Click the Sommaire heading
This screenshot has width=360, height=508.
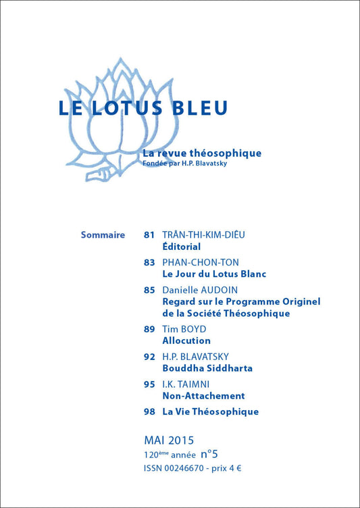click(103, 235)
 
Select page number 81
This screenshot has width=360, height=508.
click(149, 235)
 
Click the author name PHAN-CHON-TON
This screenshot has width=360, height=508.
click(201, 262)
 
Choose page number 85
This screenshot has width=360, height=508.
click(149, 289)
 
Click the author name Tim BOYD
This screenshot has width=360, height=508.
click(184, 329)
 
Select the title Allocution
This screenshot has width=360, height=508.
click(186, 341)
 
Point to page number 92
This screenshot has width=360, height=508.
click(149, 356)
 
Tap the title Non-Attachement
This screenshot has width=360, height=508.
click(203, 396)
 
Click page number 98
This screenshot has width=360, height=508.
click(149, 411)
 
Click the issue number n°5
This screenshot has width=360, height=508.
click(209, 455)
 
